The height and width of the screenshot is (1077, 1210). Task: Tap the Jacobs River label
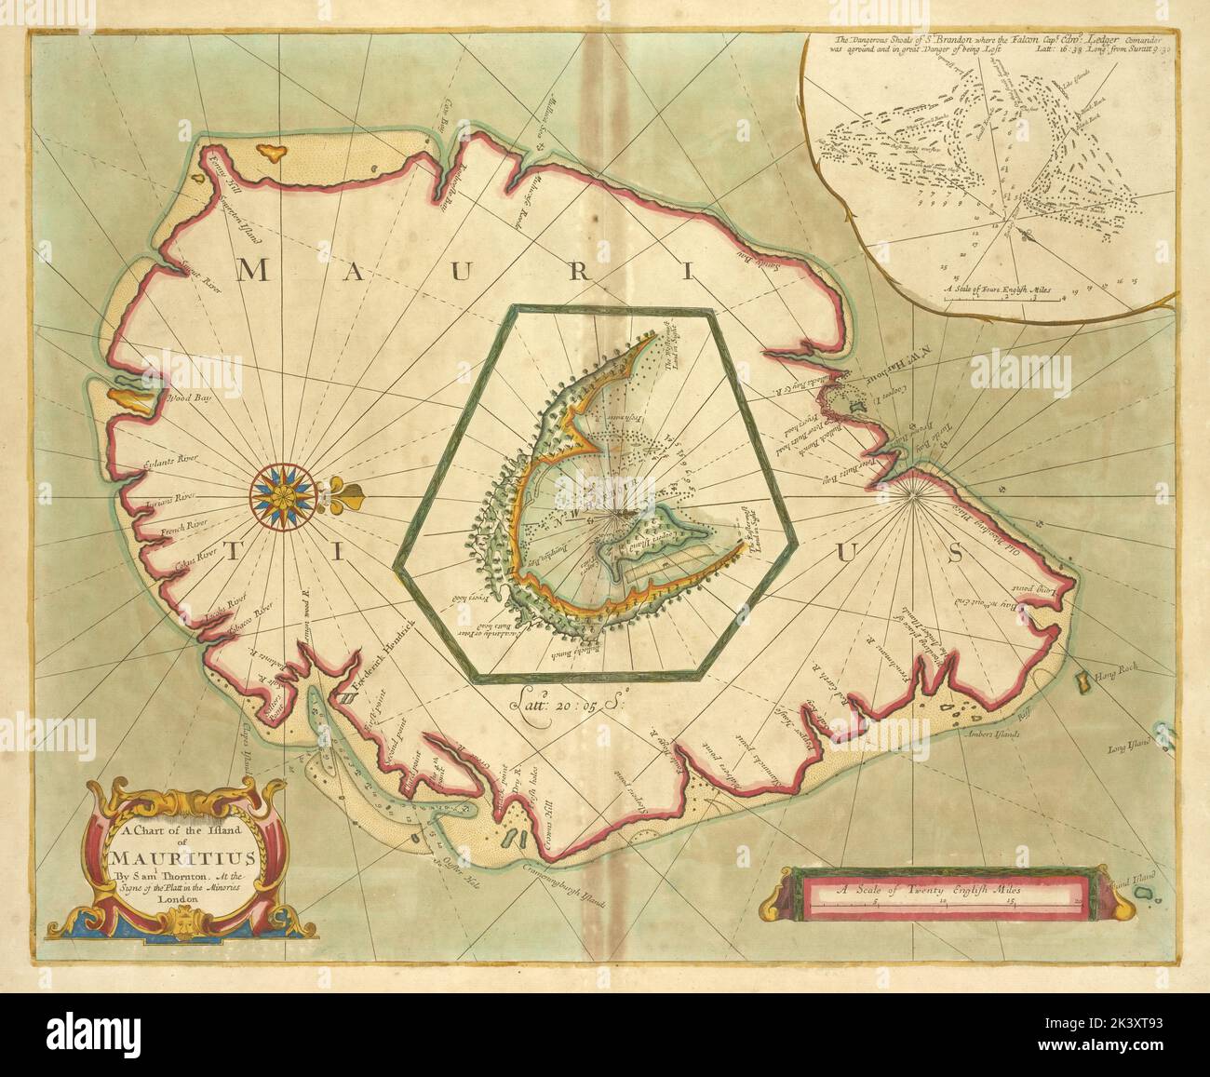point(222,619)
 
